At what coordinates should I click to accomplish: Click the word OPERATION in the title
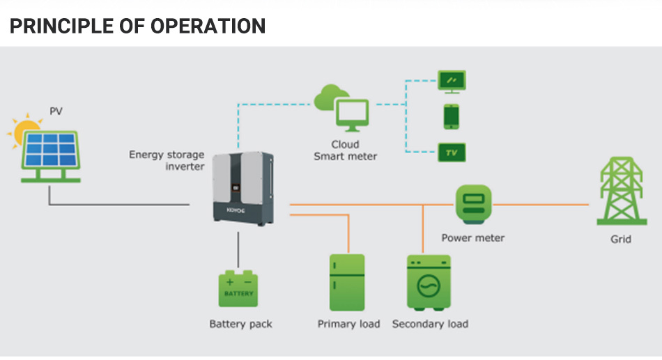pos(208,26)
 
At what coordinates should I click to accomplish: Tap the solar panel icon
pos(51,157)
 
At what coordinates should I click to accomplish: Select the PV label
pos(56,111)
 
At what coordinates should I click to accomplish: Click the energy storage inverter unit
pos(244,188)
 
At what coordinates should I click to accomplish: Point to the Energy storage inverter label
pos(167,160)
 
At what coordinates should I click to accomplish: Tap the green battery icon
pos(238,289)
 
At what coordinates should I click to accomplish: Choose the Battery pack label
pos(240,324)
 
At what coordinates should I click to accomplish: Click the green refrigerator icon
pos(347,282)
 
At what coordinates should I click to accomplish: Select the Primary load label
pos(348,324)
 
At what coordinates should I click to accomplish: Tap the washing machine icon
pos(429,283)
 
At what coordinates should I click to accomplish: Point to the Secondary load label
pos(430,324)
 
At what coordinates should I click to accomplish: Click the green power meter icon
pos(474,204)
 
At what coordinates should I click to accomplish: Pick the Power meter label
pos(473,238)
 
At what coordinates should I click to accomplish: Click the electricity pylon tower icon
pos(622,191)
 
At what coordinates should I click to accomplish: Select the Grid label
pos(621,240)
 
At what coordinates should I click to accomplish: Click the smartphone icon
pos(452,116)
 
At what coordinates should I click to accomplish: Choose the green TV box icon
pos(452,152)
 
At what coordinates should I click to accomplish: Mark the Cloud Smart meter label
pos(346,150)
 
